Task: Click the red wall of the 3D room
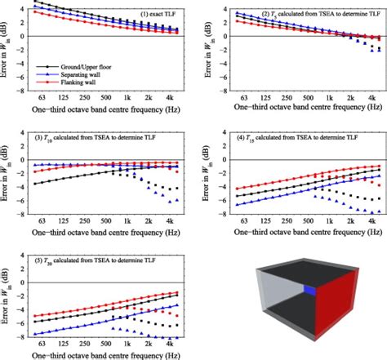pyautogui.click(x=336, y=313)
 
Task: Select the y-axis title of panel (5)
pyautogui.click(x=9, y=302)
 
